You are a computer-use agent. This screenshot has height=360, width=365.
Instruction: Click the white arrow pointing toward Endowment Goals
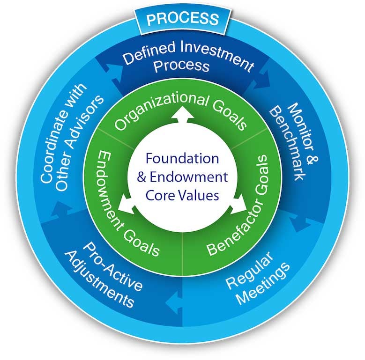[126, 205]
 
